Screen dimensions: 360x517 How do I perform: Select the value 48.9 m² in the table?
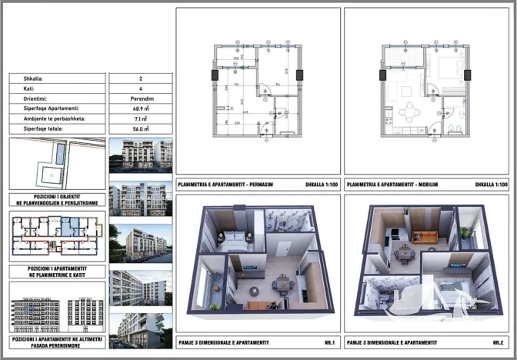click(x=140, y=108)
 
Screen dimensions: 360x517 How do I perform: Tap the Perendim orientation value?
click(x=140, y=98)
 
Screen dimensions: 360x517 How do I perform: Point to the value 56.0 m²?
click(x=140, y=129)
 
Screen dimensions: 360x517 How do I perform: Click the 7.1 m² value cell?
click(x=140, y=119)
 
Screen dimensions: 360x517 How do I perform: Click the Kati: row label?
click(x=24, y=88)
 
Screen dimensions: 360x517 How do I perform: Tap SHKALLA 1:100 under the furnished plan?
click(x=492, y=185)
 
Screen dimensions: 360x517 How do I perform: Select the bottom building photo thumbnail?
click(x=140, y=331)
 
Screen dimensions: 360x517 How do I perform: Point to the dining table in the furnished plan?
click(x=409, y=112)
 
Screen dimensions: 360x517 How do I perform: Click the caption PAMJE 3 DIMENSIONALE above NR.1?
click(x=228, y=342)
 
